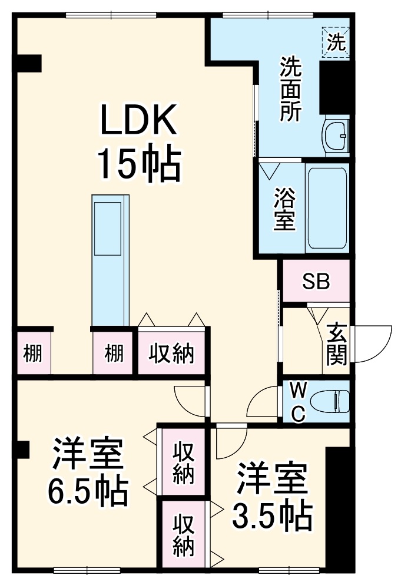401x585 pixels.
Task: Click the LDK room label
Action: (138, 121)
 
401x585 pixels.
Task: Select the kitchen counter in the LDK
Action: (110, 259)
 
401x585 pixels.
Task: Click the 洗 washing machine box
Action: (336, 42)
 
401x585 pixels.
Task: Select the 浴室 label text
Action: (284, 210)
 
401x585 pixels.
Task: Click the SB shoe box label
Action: (316, 282)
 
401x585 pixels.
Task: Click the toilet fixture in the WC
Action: (332, 402)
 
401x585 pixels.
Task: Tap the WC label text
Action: (299, 402)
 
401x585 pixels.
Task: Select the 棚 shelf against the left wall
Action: (33, 353)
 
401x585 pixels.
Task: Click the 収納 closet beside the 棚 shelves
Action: (171, 353)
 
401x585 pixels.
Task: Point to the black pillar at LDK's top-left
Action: (28, 62)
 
